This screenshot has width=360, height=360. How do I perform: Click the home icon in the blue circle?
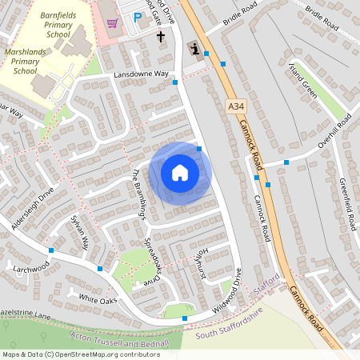coord(180,173)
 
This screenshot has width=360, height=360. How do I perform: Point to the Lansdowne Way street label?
coord(142,74)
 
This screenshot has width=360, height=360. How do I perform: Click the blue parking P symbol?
coord(137,17)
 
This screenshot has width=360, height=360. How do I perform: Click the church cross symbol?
coord(160,36)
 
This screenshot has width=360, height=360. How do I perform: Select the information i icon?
coord(194,50)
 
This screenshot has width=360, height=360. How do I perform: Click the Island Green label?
coord(305,80)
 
